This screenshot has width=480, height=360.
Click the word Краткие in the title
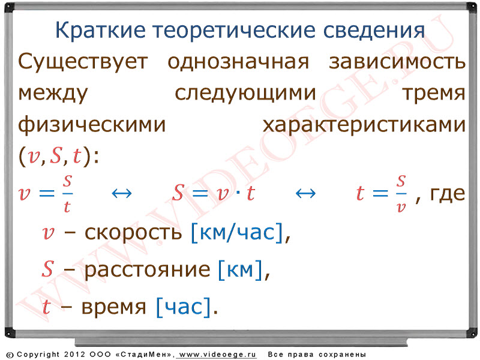(x=100, y=30)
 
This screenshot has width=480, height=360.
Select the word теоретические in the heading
(x=234, y=30)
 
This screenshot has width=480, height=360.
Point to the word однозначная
(x=238, y=62)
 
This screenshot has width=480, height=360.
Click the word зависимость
(x=397, y=62)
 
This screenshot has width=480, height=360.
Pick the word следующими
(x=245, y=94)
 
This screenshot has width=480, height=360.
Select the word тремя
(x=434, y=94)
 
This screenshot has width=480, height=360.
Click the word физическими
(x=92, y=125)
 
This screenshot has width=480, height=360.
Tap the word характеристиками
(x=364, y=125)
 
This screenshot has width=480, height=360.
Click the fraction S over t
(x=67, y=194)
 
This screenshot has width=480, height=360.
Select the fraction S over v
(x=401, y=194)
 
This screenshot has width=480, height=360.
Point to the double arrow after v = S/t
(x=122, y=193)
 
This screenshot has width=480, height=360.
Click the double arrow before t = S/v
(x=305, y=193)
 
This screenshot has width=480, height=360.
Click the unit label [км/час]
(x=236, y=232)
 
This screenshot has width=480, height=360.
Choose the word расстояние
(x=147, y=270)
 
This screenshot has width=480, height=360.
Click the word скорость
(x=133, y=233)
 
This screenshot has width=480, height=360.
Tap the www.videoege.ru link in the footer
(x=217, y=355)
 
